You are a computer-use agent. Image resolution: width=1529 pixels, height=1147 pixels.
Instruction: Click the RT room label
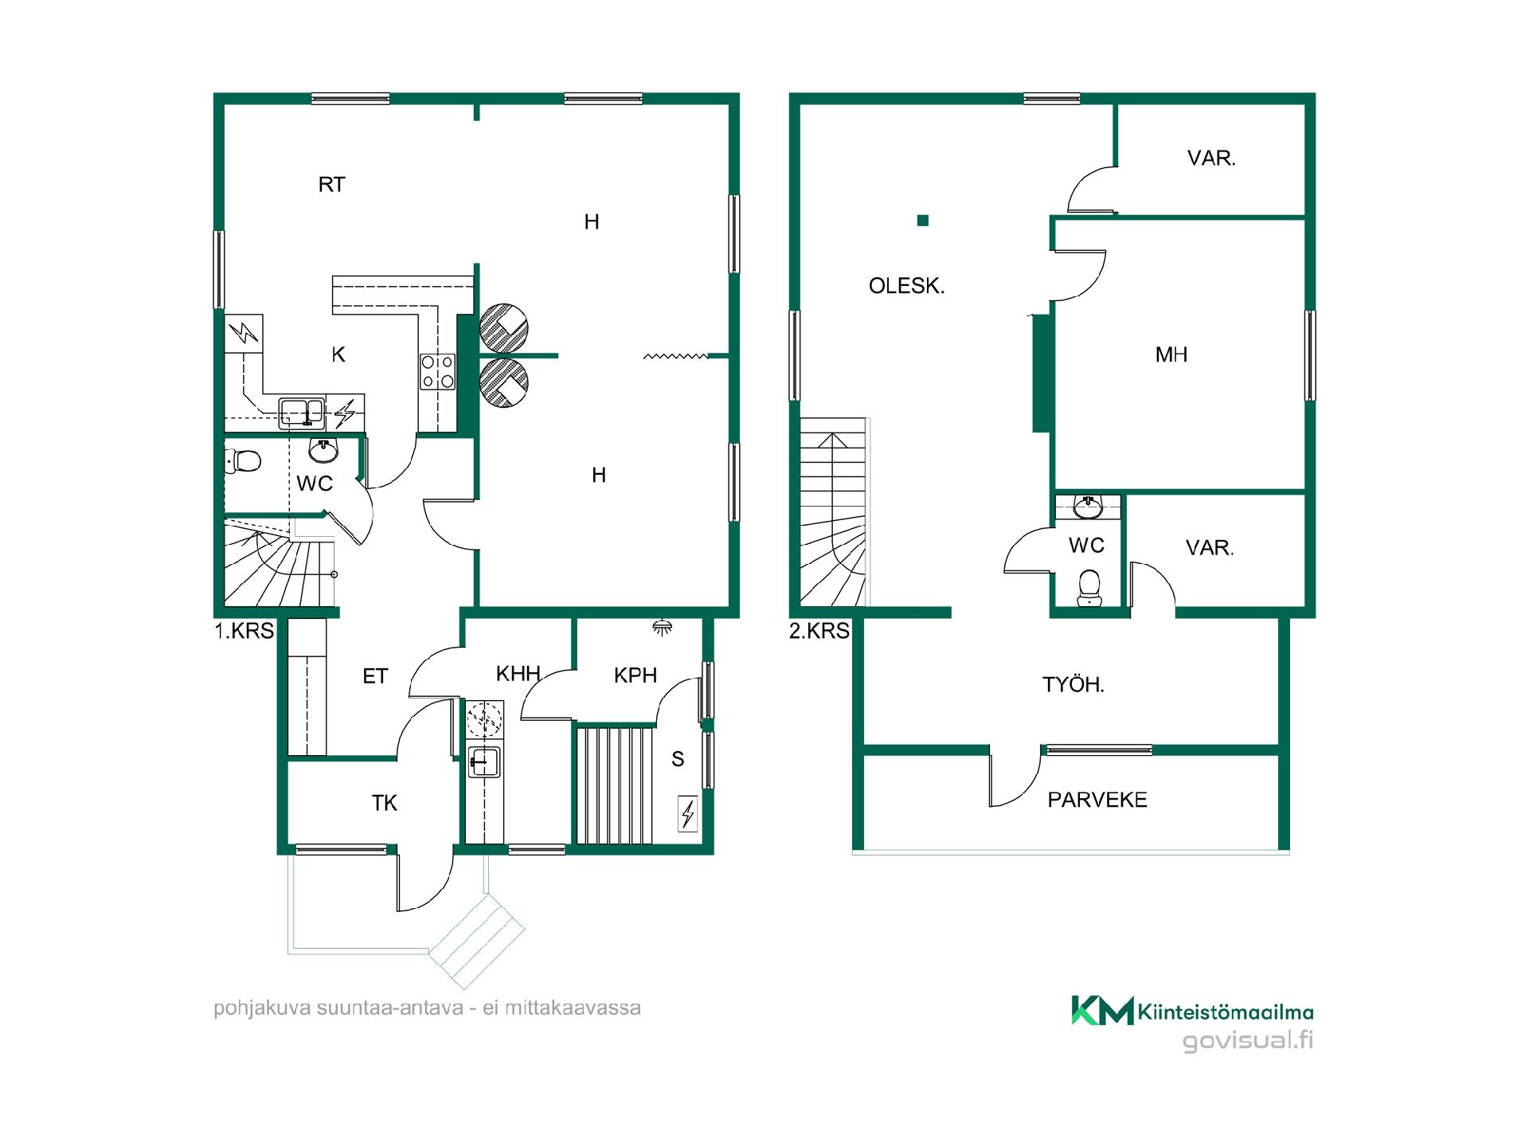[331, 185]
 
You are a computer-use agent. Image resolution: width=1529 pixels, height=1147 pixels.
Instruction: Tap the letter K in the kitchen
[338, 355]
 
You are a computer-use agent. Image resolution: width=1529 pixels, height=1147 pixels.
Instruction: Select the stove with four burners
[438, 372]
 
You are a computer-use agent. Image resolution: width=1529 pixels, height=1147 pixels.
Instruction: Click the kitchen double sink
[302, 412]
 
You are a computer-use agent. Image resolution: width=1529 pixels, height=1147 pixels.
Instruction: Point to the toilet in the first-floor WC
[244, 460]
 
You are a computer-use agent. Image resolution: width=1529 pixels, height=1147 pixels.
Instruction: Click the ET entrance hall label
[375, 676]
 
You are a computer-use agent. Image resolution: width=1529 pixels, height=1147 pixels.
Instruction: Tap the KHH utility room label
[518, 674]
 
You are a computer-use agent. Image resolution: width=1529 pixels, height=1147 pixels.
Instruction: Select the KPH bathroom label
[635, 675]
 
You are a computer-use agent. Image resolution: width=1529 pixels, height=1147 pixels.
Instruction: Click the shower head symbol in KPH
[661, 626]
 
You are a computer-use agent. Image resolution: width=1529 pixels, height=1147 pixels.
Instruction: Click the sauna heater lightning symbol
[688, 814]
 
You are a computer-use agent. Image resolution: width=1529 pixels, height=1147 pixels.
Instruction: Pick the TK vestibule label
[384, 803]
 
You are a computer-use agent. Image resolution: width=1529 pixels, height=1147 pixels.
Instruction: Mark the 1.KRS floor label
[244, 631]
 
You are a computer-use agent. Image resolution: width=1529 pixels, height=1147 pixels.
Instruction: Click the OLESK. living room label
[906, 286]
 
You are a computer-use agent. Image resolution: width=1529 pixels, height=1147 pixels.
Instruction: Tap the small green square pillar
[923, 221]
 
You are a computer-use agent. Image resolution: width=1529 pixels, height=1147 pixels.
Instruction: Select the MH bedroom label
[1171, 354]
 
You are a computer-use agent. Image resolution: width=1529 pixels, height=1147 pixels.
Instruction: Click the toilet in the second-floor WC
[1088, 588]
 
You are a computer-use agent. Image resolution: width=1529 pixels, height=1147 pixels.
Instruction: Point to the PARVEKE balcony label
[1097, 800]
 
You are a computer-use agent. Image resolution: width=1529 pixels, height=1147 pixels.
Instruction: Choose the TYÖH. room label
[1073, 684]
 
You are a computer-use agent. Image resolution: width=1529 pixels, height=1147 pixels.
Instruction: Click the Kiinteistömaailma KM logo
[1192, 1010]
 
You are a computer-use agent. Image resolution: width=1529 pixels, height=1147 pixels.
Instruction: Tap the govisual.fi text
[1248, 1041]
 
